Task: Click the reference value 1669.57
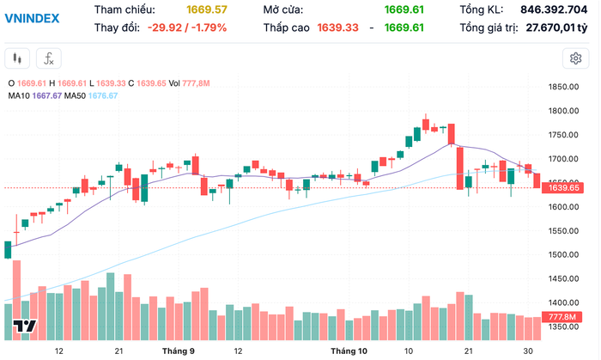(207, 9)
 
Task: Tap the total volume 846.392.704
(557, 9)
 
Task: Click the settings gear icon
(574, 58)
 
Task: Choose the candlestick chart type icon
(19, 58)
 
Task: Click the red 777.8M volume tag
(563, 317)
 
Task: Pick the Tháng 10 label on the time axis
(349, 351)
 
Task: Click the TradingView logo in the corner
(24, 326)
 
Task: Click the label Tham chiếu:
(124, 9)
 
